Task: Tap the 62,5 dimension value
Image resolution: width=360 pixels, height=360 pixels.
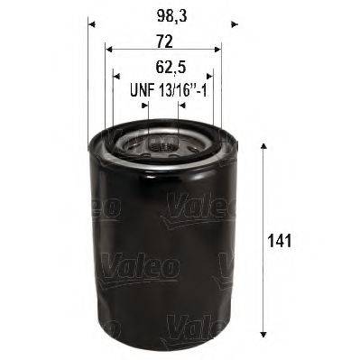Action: point(162,67)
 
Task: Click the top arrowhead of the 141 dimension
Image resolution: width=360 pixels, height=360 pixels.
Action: point(263,144)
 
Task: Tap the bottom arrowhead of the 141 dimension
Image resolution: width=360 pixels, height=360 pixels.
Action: point(263,340)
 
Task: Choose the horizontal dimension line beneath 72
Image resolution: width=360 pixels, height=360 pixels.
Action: point(162,51)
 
